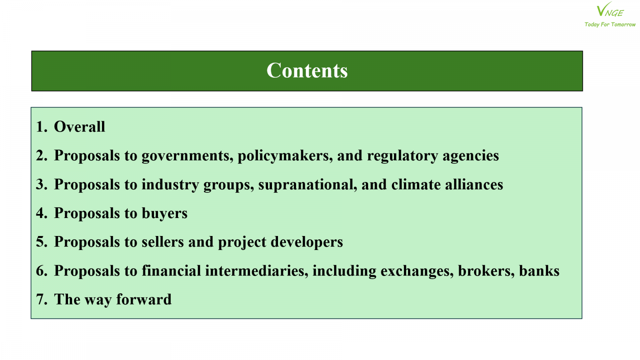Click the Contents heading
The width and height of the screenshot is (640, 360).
coord(307,70)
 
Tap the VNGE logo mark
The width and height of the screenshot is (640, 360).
coord(610,10)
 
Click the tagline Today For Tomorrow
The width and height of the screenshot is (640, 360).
coord(610,24)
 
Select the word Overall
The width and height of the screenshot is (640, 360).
coord(80,126)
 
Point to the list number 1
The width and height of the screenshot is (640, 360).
coord(42,126)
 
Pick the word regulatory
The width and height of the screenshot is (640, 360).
coord(402,156)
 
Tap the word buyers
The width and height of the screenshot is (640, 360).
coord(164,214)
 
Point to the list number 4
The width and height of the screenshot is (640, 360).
coord(42,213)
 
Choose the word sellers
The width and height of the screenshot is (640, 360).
coord(162,242)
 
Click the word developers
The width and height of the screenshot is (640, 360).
coord(306,242)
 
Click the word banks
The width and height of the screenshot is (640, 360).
coord(539,270)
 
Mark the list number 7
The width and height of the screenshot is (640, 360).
coord(42,300)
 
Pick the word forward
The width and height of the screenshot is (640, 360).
coord(144,299)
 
